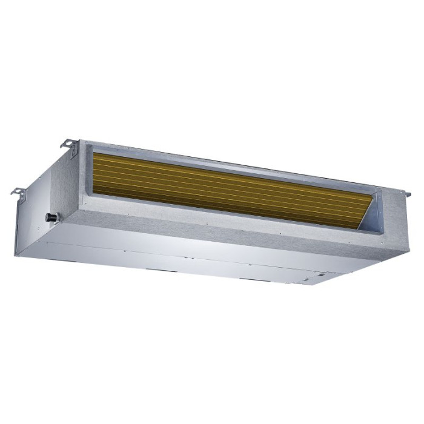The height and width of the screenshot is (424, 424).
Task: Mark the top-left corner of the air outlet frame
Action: click(x=86, y=143)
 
